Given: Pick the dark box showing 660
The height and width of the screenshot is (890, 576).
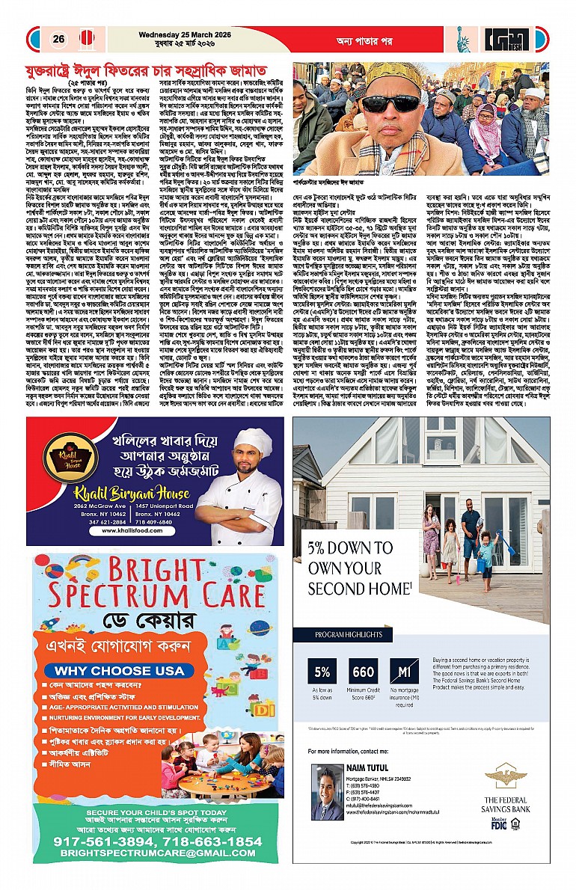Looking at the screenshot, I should [x=364, y=672].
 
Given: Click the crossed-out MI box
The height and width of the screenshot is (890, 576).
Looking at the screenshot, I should [x=404, y=672].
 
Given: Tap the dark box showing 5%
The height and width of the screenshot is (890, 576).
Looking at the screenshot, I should [x=324, y=672].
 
